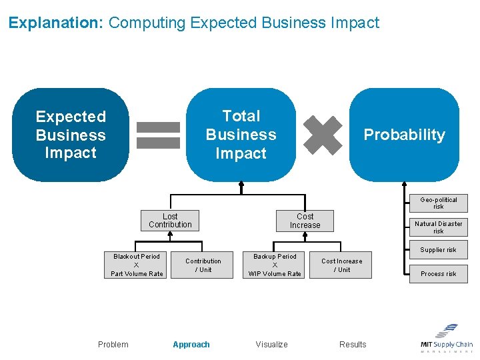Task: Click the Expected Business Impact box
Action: coord(71,135)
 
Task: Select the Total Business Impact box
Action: coord(241,135)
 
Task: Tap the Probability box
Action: coord(404,135)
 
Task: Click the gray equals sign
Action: coord(158,135)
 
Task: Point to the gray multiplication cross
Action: coord(323,135)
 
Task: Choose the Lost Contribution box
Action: coord(170,221)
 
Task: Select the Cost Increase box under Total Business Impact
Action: coord(305,221)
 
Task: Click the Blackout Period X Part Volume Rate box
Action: coord(137,265)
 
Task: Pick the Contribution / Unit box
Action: coord(203,265)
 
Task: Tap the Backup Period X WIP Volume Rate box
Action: coord(275,265)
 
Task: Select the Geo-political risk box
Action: coord(439,203)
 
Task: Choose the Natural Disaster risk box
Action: coord(439,227)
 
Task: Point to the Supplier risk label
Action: coord(439,250)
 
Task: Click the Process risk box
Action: coord(439,273)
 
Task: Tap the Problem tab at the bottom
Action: coord(113,345)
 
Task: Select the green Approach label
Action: coord(191,345)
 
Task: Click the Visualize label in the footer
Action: coord(272,345)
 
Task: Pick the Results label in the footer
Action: coord(353,345)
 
